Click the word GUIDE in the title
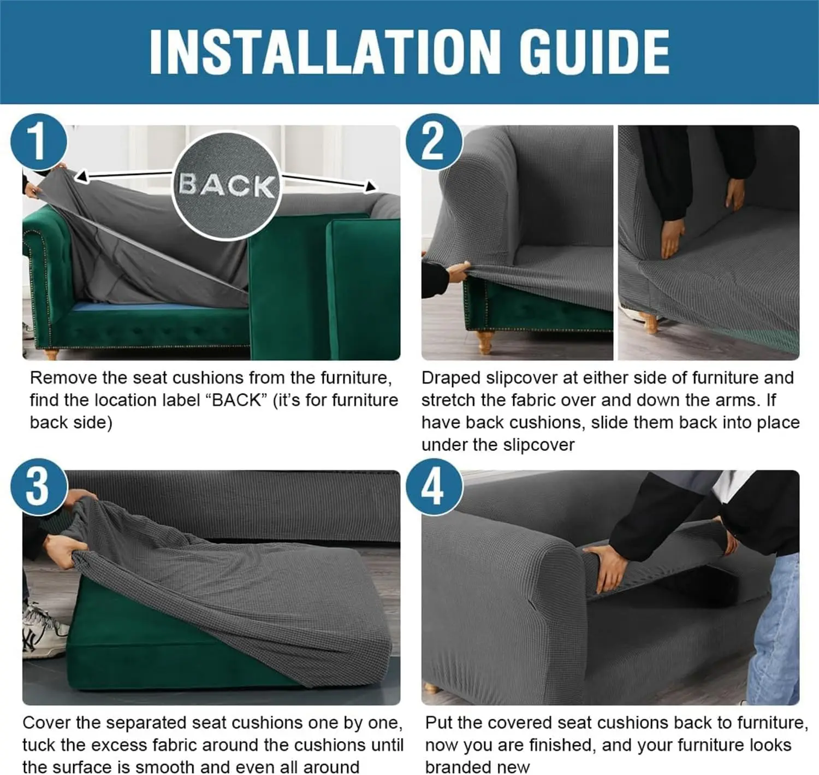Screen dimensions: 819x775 (594, 52)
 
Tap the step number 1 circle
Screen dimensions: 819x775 (38, 142)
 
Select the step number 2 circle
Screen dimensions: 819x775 (434, 142)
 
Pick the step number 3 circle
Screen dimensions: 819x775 (38, 486)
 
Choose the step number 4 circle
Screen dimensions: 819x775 (434, 486)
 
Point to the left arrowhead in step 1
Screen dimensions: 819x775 (82, 177)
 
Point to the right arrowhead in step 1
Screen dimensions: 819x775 (370, 186)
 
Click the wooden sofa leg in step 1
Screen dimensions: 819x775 (50, 354)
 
